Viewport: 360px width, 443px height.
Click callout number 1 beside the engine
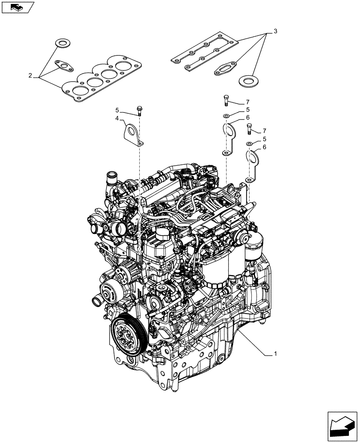coord(275,354)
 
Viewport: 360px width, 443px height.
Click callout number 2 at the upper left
coord(30,76)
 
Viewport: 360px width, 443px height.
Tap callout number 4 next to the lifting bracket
coord(117,119)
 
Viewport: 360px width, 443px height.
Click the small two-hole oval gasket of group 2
coord(65,66)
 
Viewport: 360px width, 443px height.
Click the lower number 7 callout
coord(265,131)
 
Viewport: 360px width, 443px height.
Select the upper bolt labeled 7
coord(227,101)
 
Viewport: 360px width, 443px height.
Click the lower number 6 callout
coord(264,148)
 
